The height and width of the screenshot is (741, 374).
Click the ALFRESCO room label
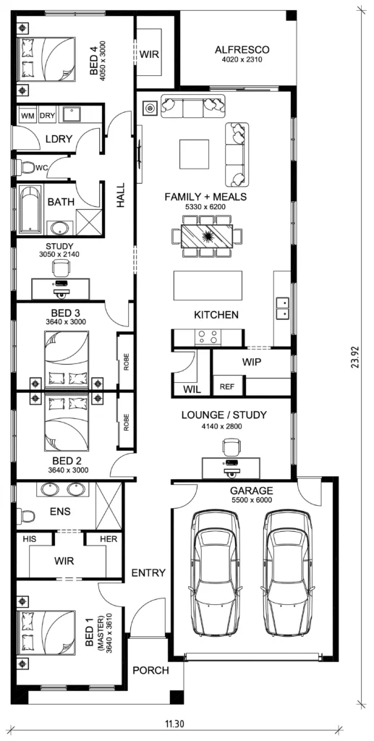(242, 50)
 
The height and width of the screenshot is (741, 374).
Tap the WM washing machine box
(27, 116)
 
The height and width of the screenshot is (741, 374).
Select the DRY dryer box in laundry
(47, 116)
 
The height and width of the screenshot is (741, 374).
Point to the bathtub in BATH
(30, 209)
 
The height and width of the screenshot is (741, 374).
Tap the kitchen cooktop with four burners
(208, 336)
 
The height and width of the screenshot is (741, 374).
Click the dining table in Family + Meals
(208, 234)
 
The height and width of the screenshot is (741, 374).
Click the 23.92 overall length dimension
(357, 357)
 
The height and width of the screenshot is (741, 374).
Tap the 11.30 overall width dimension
(174, 723)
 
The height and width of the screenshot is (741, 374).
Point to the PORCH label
(150, 670)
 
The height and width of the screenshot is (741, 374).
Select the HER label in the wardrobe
(108, 538)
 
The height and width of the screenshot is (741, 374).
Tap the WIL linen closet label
(192, 389)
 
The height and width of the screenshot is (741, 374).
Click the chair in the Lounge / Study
(231, 446)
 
